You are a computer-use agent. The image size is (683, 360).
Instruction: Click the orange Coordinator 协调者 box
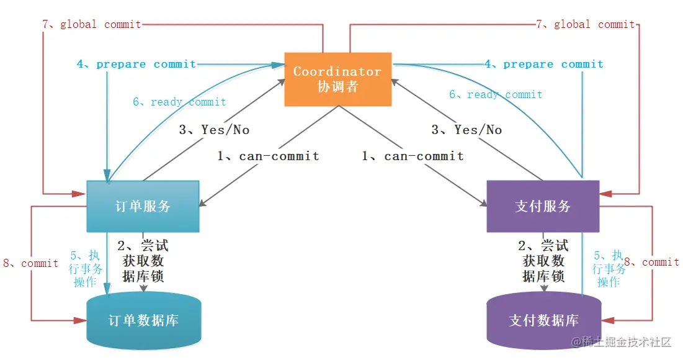(337, 79)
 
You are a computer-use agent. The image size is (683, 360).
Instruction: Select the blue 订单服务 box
(143, 206)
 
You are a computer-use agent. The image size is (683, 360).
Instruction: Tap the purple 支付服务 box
(543, 206)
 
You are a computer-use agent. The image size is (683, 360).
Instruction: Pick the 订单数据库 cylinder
(144, 320)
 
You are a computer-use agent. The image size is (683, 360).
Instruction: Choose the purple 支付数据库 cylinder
(543, 320)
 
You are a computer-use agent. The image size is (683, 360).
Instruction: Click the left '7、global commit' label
(91, 24)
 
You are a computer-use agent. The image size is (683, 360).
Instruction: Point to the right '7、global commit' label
(586, 24)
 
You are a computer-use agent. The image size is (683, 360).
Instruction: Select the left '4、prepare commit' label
(136, 64)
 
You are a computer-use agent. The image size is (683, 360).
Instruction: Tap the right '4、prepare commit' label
(544, 64)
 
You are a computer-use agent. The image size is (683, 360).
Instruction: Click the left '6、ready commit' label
(179, 102)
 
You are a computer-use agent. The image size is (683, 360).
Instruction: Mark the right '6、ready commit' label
(496, 94)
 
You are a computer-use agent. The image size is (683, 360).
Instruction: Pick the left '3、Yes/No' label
(214, 130)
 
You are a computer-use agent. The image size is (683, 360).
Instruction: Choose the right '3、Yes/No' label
(466, 130)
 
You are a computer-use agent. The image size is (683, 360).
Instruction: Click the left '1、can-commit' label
(269, 156)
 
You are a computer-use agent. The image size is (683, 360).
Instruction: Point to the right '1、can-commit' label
(413, 156)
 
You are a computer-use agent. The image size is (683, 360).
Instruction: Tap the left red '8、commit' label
(30, 263)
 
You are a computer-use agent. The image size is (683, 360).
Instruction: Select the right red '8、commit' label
(651, 262)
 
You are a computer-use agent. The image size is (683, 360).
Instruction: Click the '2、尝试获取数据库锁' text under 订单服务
(143, 261)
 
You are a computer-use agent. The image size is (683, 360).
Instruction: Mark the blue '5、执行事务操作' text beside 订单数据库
(86, 269)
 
